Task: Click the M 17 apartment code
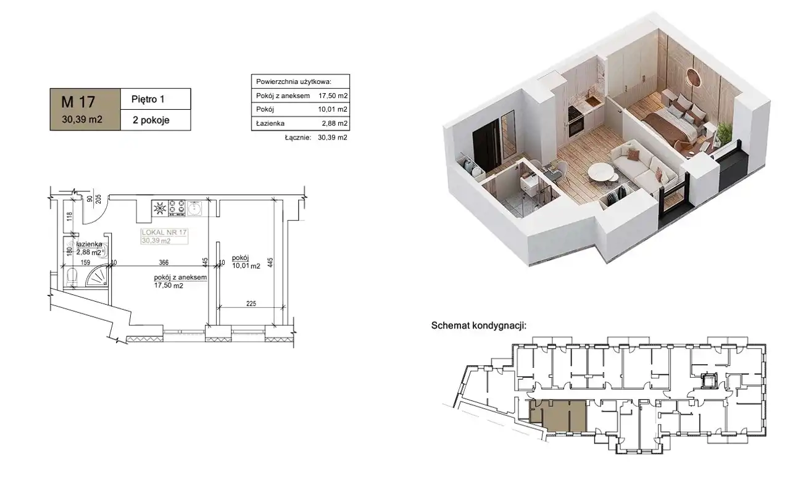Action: point(78,102)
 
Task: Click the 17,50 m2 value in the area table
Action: point(333,96)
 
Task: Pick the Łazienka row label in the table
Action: point(270,123)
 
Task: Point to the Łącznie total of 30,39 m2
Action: point(333,138)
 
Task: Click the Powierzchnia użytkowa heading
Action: point(294,82)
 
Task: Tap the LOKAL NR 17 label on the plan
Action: point(164,233)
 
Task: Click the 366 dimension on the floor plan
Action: point(164,262)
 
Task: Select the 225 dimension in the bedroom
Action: point(251,304)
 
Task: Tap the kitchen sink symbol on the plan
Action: point(194,208)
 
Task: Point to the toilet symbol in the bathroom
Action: point(72,277)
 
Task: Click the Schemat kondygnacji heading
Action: point(478,325)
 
